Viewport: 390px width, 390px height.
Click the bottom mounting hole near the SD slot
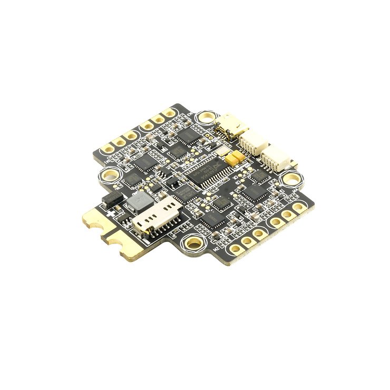click(x=191, y=243)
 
